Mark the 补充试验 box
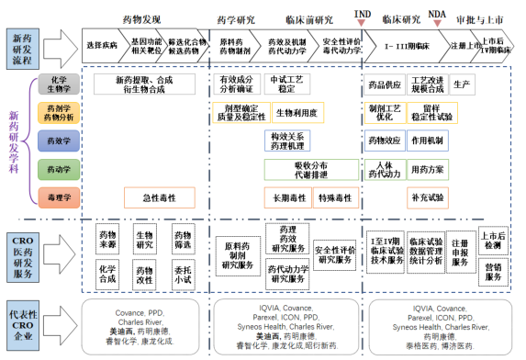tap(428, 197)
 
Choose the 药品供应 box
tap(383, 84)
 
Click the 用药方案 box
tap(428, 169)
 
